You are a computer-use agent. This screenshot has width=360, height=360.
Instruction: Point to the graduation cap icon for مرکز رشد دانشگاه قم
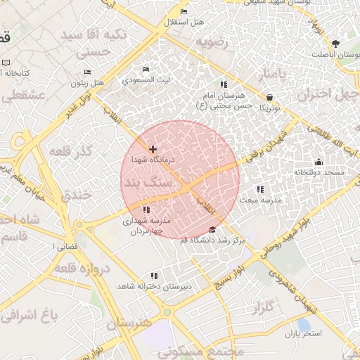coord(212,230)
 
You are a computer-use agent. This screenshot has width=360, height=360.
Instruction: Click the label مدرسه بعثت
coord(261,200)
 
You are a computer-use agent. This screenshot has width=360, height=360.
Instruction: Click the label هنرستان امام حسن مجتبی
coord(224,100)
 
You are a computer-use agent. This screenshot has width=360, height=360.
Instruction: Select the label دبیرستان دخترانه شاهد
coord(153,286)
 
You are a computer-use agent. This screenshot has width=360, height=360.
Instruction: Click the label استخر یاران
coord(302,333)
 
